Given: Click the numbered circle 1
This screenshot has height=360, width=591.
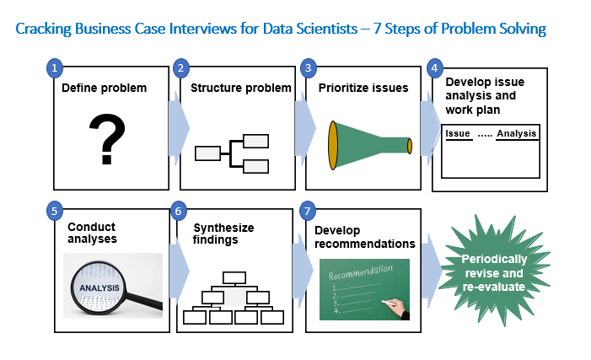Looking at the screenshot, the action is tap(55, 68).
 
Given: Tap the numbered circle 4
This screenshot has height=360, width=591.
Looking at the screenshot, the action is tap(435, 68).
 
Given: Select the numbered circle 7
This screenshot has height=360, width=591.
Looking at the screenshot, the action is tap(308, 211).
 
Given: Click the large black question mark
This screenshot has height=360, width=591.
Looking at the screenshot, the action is tap(107, 139).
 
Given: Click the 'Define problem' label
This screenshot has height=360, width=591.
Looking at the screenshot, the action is tap(104, 88).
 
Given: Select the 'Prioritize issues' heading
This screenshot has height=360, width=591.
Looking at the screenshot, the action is tap(363, 88).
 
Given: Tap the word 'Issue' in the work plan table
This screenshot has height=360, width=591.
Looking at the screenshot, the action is tap(458, 133).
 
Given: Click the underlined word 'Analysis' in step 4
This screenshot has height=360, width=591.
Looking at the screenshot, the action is tap(516, 133).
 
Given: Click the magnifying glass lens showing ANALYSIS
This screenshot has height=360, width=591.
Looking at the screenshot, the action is tap(99, 288).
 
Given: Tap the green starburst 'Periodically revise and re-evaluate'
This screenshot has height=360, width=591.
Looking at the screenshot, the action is tap(495, 271).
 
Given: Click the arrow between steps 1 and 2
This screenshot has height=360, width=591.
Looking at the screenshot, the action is tap(179, 128).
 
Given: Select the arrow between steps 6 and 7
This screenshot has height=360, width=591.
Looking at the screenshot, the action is tap(303, 271).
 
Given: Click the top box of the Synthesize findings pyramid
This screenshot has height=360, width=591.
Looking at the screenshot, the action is tap(234, 278).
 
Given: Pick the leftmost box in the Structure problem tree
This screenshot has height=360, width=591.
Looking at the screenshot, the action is tap(207, 153).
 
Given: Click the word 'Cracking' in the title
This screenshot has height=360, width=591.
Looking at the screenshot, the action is tap(43, 29).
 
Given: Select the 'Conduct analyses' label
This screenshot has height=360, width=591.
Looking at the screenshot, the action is tap(93, 233).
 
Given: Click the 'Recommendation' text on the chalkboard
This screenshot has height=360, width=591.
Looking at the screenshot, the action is tap(361, 271).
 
